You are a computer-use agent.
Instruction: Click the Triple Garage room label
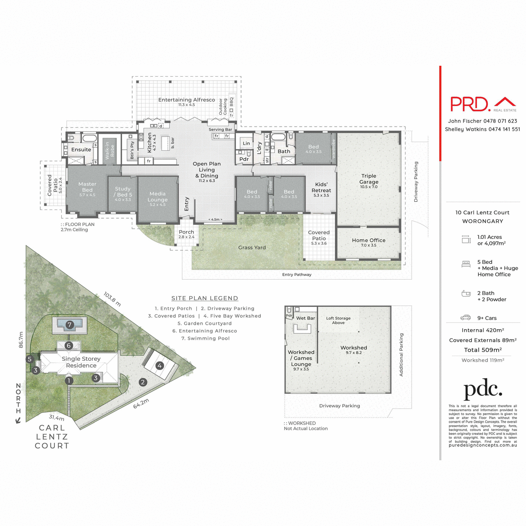pos(369,179)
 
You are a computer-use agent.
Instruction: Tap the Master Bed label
pos(87,187)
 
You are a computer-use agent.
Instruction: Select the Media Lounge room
pos(157,197)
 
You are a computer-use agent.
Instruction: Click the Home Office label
pos(369,240)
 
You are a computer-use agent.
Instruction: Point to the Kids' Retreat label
pos(321,188)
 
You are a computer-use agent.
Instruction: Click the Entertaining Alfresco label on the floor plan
pos(187,100)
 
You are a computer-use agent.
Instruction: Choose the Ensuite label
pos(81,150)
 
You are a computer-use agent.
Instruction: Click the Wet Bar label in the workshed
pos(306,318)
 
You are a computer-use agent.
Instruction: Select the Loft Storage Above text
pos(338,320)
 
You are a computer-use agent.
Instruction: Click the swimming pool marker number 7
pos(70,325)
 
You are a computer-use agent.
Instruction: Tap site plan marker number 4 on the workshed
pos(160,366)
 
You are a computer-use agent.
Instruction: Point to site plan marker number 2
pos(142,382)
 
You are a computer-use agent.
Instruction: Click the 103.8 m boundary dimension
pos(112,299)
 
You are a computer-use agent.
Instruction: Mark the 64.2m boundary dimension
pos(141,404)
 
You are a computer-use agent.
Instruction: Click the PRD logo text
pos(470,104)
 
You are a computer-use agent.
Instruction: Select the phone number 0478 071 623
pos(500,121)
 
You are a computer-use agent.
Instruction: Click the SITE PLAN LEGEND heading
pos(205,299)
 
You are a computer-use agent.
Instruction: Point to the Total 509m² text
pos(483,350)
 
